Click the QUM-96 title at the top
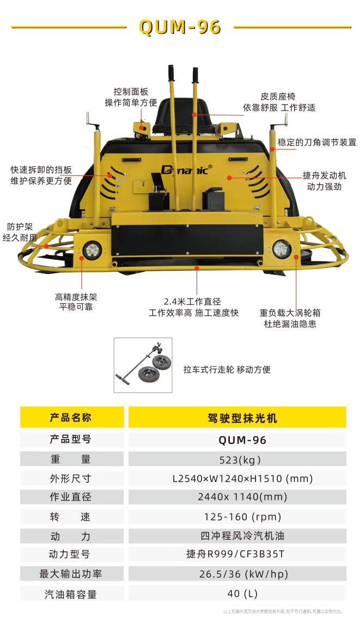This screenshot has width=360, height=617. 180,27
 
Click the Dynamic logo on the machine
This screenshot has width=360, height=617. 186,169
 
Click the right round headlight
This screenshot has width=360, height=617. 282,249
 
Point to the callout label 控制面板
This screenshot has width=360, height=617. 131,91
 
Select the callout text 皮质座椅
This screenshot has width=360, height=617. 278,96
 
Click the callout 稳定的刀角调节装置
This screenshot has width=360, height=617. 317,143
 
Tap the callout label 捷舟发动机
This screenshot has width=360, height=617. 324,175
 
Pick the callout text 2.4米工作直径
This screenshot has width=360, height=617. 192,301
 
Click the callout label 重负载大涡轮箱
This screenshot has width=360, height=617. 290,313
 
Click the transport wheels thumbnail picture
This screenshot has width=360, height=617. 143,365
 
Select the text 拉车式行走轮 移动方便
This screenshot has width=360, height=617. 227,369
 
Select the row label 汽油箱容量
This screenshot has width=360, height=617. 71,594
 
